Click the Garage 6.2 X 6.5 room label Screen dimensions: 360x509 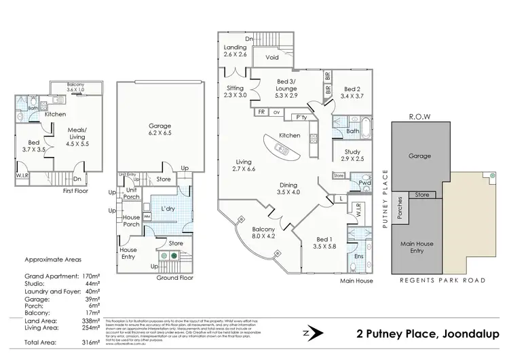point(160,130)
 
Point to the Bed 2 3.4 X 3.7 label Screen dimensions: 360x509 point(354,93)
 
